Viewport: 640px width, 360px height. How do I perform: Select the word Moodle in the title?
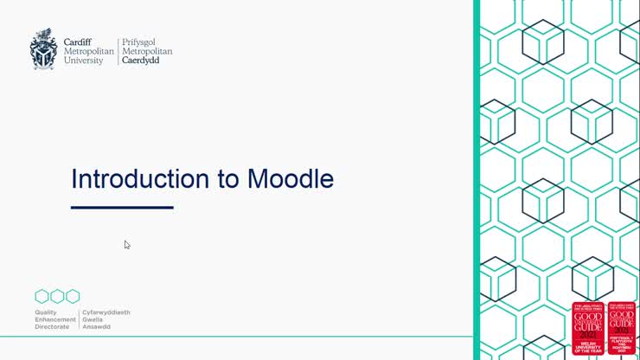pyautogui.click(x=291, y=179)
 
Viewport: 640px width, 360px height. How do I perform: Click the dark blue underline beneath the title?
pyautogui.click(x=122, y=208)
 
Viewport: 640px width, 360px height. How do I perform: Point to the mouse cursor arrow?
pyautogui.click(x=126, y=244)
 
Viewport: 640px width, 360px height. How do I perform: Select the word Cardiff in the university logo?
pyautogui.click(x=80, y=41)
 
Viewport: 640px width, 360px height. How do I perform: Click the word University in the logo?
pyautogui.click(x=83, y=61)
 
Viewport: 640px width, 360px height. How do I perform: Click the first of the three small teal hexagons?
pyautogui.click(x=42, y=296)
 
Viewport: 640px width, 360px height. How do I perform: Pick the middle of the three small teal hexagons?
pyautogui.click(x=57, y=296)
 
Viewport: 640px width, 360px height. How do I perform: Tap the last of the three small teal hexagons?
pyautogui.click(x=73, y=296)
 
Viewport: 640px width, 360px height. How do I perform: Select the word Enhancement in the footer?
pyautogui.click(x=55, y=319)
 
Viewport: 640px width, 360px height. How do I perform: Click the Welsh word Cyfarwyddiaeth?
pyautogui.click(x=106, y=312)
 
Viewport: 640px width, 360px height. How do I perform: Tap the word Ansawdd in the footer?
pyautogui.click(x=96, y=326)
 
